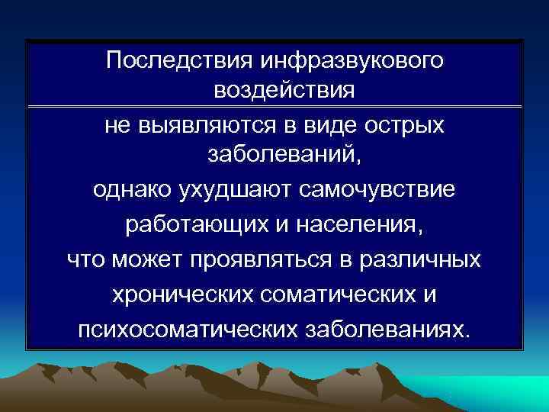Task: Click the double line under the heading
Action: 274,106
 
